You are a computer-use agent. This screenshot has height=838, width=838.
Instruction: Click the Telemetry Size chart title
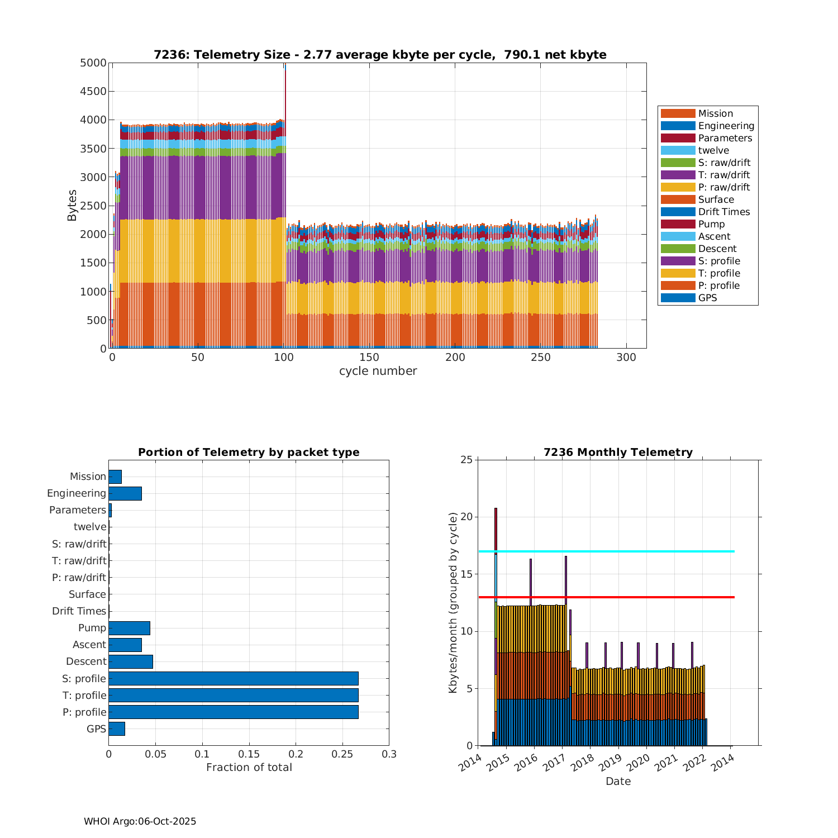pyautogui.click(x=380, y=55)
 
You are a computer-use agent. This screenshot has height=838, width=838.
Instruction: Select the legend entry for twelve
pyautogui.click(x=713, y=150)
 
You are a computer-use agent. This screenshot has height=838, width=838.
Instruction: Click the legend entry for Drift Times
pyautogui.click(x=723, y=212)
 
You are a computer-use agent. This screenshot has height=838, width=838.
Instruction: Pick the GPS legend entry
pyautogui.click(x=707, y=298)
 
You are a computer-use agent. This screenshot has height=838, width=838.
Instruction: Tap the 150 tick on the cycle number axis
pyautogui.click(x=369, y=358)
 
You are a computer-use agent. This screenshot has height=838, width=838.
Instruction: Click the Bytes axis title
pyautogui.click(x=72, y=206)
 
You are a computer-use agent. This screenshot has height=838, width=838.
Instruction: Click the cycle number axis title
pyautogui.click(x=378, y=371)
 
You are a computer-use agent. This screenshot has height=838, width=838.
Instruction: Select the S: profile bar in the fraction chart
pyautogui.click(x=233, y=678)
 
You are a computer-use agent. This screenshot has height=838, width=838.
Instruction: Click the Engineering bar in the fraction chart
pyautogui.click(x=125, y=493)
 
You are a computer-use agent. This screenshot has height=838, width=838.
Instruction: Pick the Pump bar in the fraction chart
pyautogui.click(x=129, y=628)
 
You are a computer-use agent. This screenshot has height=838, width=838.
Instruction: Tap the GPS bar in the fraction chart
pyautogui.click(x=117, y=729)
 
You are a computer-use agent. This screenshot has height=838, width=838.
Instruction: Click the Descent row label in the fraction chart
pyautogui.click(x=86, y=661)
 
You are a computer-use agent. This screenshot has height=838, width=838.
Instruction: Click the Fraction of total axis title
pyautogui.click(x=249, y=768)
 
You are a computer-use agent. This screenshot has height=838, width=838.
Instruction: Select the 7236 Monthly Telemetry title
pyautogui.click(x=618, y=453)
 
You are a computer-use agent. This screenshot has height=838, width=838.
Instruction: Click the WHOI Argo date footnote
pyautogui.click(x=140, y=821)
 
